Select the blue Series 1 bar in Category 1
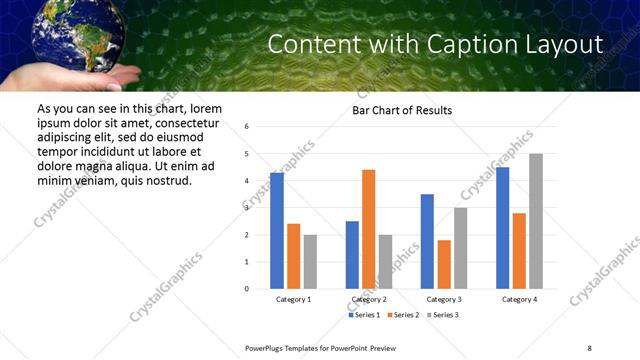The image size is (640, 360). [277, 231]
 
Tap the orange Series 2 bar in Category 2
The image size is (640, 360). [368, 229]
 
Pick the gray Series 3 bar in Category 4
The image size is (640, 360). [536, 221]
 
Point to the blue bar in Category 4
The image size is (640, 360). [502, 228]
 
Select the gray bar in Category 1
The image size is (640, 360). [311, 262]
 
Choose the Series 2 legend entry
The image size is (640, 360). [403, 315]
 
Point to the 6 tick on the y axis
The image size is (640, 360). [247, 127]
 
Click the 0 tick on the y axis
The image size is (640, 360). [247, 289]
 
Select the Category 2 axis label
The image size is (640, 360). [368, 299]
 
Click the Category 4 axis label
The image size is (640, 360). [519, 299]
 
